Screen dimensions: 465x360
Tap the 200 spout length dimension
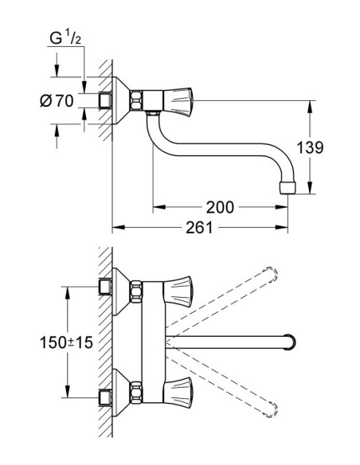tap(219, 208)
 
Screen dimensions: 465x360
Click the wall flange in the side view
tap(121, 100)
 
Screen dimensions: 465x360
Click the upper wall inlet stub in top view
tap(103, 287)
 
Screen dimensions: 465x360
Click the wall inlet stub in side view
tap(103, 100)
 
